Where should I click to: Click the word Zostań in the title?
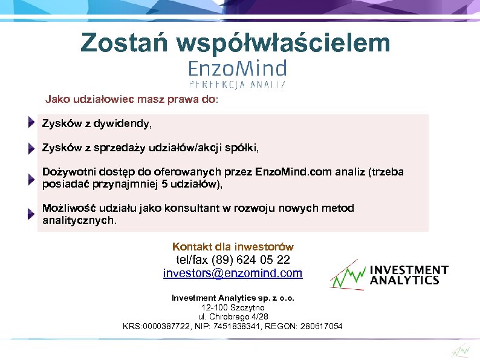(123, 42)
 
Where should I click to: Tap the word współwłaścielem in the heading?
(284, 42)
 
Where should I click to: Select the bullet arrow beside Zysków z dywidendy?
(31, 123)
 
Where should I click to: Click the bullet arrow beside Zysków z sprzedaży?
(31, 148)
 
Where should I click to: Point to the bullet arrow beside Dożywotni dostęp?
(31, 179)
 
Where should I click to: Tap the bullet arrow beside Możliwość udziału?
(31, 214)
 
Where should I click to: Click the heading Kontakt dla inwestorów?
(233, 247)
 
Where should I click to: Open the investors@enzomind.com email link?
(233, 273)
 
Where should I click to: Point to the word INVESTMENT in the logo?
(409, 270)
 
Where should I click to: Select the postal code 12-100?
(213, 307)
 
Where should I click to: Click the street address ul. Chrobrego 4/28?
(233, 316)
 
